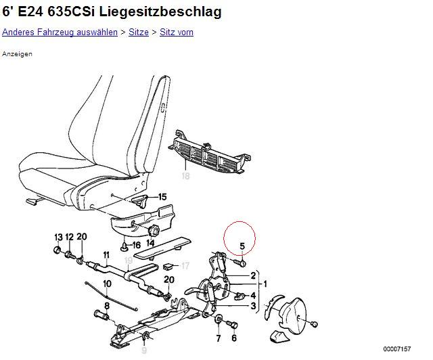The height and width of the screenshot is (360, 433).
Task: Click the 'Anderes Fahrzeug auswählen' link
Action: tap(60, 32)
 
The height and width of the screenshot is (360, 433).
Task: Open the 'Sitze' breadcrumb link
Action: tap(139, 32)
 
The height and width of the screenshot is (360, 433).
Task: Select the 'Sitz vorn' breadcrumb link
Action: tap(177, 32)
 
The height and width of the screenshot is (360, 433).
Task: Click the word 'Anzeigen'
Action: tap(17, 54)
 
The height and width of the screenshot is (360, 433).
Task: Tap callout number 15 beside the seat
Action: tap(162, 197)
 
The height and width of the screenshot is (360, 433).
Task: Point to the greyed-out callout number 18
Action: tap(185, 176)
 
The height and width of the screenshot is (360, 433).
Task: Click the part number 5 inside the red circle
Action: tap(242, 246)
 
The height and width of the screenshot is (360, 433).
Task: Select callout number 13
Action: tap(59, 237)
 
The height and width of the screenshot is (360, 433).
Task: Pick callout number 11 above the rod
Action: tap(107, 254)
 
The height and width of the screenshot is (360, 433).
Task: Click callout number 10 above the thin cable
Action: tap(107, 284)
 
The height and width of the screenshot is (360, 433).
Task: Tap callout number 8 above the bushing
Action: tap(107, 306)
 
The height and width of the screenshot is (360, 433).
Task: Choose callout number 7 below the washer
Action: tap(219, 338)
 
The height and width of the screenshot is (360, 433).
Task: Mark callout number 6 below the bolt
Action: tap(234, 338)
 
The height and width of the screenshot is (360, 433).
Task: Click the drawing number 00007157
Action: tap(397, 349)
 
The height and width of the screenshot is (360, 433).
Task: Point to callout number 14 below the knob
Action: tap(150, 243)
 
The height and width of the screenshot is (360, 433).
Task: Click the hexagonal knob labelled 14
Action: tap(153, 230)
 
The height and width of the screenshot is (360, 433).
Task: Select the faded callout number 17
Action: tap(185, 266)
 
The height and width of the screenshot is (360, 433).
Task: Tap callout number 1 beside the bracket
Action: tap(265, 284)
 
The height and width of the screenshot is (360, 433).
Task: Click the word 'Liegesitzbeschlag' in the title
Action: tap(160, 12)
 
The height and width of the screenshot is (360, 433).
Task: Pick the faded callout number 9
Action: tap(144, 351)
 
